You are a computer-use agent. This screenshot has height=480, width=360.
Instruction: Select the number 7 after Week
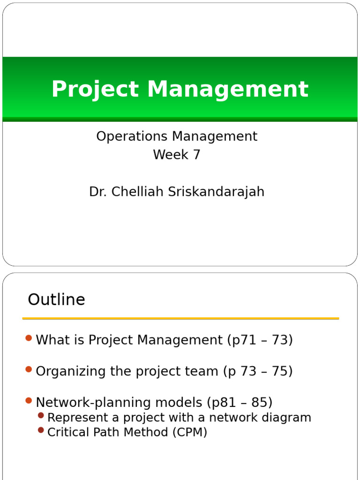point(196,155)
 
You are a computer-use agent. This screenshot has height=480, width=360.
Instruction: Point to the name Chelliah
point(133,192)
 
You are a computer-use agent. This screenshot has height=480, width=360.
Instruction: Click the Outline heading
point(56,300)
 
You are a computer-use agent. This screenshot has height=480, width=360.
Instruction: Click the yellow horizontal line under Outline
point(180,319)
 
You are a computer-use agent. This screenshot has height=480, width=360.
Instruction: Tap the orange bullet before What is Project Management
point(29,338)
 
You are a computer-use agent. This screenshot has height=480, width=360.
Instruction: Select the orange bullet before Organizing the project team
point(29,369)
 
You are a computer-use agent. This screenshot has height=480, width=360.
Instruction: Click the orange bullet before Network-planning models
point(29,400)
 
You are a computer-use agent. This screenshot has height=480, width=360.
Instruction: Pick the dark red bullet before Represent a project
point(41,415)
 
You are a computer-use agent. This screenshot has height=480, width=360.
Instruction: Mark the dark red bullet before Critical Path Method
point(41,430)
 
